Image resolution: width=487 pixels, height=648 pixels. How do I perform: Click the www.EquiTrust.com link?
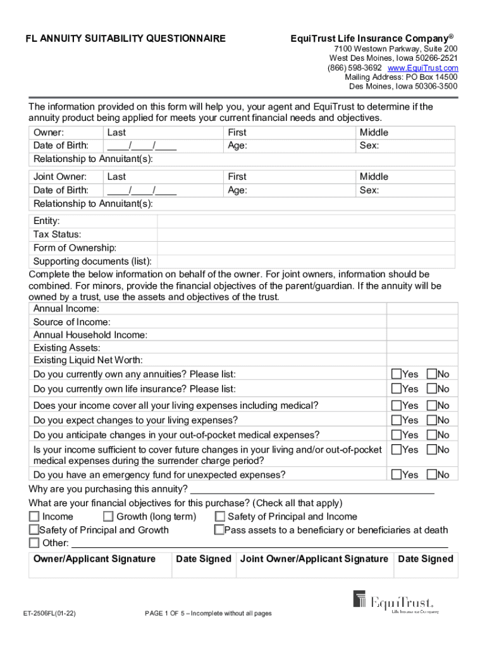[x=422, y=68]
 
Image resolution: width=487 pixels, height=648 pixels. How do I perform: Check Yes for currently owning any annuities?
[x=397, y=374]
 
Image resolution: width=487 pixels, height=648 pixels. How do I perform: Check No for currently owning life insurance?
[x=432, y=389]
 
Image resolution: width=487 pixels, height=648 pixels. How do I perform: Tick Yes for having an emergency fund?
[x=397, y=475]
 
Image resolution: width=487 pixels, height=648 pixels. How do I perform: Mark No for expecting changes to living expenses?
[x=432, y=420]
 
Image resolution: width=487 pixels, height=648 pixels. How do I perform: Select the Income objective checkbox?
[x=34, y=517]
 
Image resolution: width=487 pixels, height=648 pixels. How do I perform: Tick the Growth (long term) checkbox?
[x=108, y=517]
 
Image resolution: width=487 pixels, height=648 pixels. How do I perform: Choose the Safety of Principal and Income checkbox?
[x=220, y=517]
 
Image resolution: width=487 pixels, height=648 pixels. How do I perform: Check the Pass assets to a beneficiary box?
[x=219, y=530]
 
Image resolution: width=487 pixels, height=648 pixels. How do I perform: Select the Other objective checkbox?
[x=34, y=543]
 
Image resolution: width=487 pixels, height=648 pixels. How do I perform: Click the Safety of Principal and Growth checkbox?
[x=34, y=530]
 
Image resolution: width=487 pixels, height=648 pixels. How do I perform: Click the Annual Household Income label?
[x=90, y=335]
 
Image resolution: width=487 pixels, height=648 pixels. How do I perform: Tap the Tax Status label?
[x=57, y=234]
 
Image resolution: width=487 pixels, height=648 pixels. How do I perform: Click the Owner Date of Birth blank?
[x=142, y=146]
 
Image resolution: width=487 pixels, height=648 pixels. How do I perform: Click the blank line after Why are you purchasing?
[x=312, y=490]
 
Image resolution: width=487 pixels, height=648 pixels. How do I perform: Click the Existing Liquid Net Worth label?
[x=88, y=361]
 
